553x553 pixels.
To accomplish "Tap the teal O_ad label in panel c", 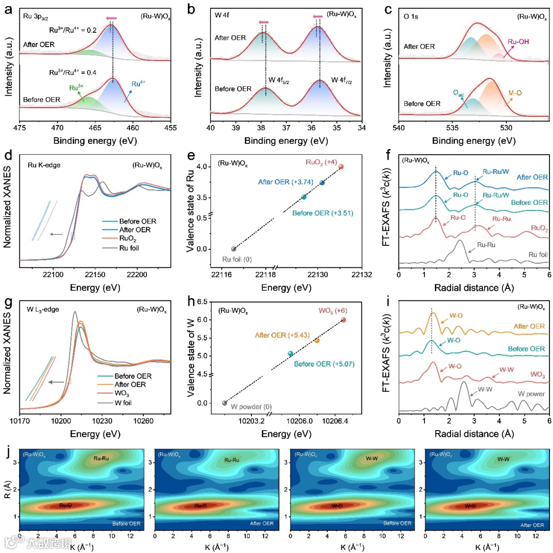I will (459, 92).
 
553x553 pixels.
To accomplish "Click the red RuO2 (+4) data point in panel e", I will (341, 166).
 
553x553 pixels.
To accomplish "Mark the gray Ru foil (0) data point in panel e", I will (234, 249).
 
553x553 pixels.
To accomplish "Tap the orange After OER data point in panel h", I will (317, 341).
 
